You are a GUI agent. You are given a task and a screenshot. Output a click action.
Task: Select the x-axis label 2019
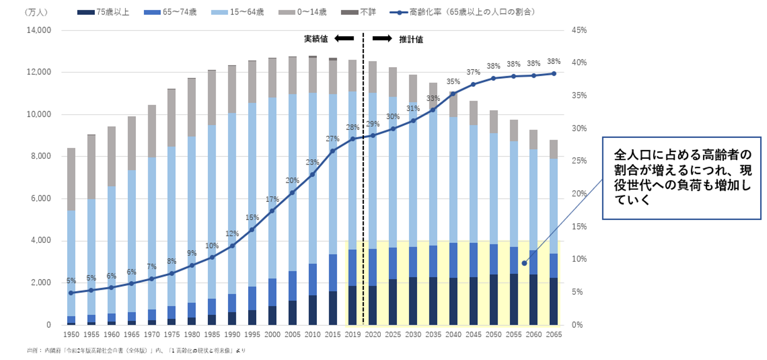pyautogui.click(x=353, y=335)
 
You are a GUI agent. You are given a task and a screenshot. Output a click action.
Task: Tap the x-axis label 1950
pyautogui.click(x=71, y=335)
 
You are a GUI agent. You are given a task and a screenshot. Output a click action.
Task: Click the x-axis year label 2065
pyautogui.click(x=553, y=335)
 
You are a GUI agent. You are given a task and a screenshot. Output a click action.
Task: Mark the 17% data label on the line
pyautogui.click(x=272, y=199)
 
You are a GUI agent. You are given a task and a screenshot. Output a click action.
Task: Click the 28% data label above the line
pyautogui.click(x=353, y=127)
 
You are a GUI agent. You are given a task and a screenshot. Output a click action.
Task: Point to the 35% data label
pyautogui.click(x=453, y=82)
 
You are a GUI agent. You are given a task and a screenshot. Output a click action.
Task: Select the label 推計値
pyautogui.click(x=411, y=39)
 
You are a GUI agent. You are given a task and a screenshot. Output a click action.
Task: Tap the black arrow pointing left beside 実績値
pyautogui.click(x=344, y=38)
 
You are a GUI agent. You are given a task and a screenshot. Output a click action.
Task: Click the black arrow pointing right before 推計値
pyautogui.click(x=382, y=38)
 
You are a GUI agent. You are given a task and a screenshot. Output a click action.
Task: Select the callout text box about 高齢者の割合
pyautogui.click(x=681, y=177)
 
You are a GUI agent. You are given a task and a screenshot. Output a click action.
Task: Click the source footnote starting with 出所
pyautogui.click(x=136, y=350)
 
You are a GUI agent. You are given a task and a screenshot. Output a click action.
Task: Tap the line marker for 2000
pyautogui.click(x=272, y=211)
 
